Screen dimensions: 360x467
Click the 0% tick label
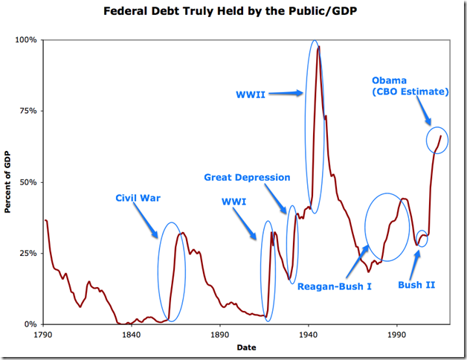click(x=30, y=324)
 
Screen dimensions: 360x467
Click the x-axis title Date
click(x=246, y=347)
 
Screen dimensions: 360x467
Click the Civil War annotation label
click(x=138, y=198)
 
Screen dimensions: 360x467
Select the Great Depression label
click(x=247, y=177)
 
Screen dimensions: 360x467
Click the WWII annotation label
click(x=251, y=94)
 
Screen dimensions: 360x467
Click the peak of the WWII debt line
click(x=319, y=46)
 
